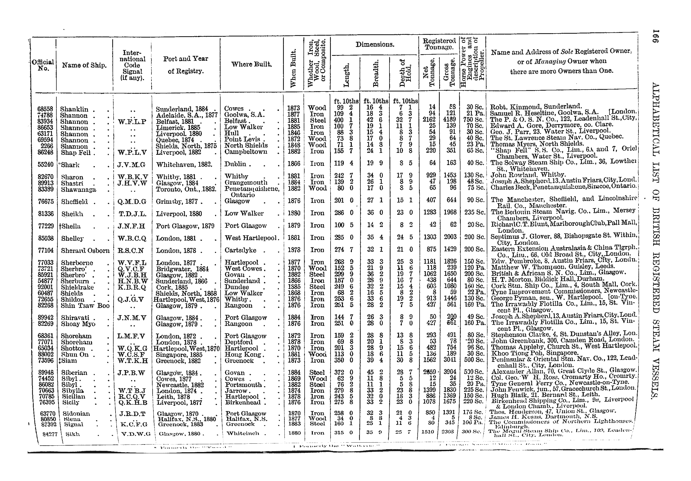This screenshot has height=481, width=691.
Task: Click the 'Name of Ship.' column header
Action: pyautogui.click(x=84, y=65)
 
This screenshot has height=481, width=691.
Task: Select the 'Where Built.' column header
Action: pyautogui.click(x=251, y=64)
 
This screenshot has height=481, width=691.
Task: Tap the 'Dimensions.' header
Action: pyautogui.click(x=375, y=45)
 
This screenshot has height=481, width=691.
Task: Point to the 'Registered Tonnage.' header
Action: pyautogui.click(x=439, y=44)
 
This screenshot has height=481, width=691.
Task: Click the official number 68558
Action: pyautogui.click(x=45, y=109)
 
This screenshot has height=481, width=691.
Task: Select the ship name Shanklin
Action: pyautogui.click(x=74, y=109)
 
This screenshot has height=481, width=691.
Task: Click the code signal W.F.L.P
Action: pyautogui.click(x=132, y=122)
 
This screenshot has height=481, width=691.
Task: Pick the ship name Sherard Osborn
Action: pyautogui.click(x=85, y=250)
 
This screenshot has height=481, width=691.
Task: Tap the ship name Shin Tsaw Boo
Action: pyautogui.click(x=85, y=305)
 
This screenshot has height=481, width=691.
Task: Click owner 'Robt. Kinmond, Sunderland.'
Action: pyautogui.click(x=536, y=106)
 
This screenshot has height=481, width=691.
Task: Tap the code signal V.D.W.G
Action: pyautogui.click(x=133, y=434)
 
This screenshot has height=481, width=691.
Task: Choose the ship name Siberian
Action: pyautogui.click(x=74, y=373)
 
